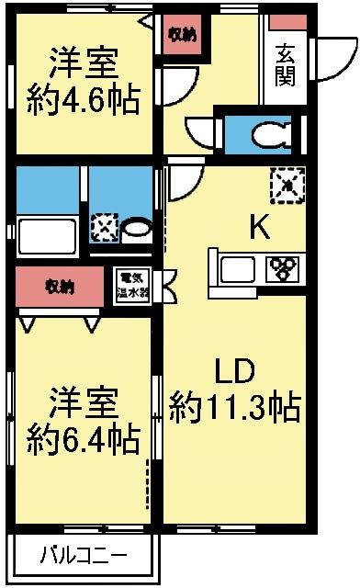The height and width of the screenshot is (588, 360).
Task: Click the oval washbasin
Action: point(138,227)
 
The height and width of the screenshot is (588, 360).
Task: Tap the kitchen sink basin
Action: point(242,269)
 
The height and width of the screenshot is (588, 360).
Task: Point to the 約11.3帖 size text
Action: point(235,406)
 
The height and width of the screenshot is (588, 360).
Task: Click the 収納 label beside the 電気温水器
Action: point(60,286)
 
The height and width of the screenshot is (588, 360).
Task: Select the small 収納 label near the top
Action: point(181,35)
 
